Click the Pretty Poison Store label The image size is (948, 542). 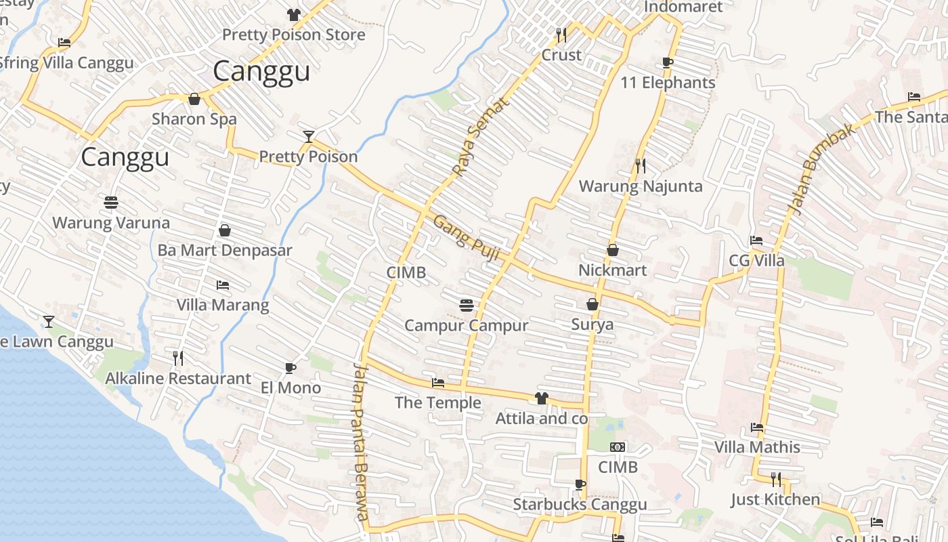tap(294, 35)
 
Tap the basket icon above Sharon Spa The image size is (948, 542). tap(194, 99)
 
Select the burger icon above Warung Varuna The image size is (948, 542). tap(111, 202)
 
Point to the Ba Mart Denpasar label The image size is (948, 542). tap(225, 250)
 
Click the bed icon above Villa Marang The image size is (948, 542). tap(222, 285)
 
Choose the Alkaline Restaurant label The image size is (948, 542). tap(178, 378)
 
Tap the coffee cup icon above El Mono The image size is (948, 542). tap(290, 368)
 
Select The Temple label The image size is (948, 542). tap(438, 402)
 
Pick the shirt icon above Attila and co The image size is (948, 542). tap(541, 398)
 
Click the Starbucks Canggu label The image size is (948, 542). tap(580, 504)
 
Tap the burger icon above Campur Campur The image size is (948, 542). tap(466, 305)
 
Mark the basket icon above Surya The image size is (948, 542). tap(592, 304)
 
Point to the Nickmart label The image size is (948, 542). tap(613, 270)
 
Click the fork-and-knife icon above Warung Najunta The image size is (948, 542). tap(641, 165)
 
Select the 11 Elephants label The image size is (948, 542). tap(668, 83)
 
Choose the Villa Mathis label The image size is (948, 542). tap(758, 447)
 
